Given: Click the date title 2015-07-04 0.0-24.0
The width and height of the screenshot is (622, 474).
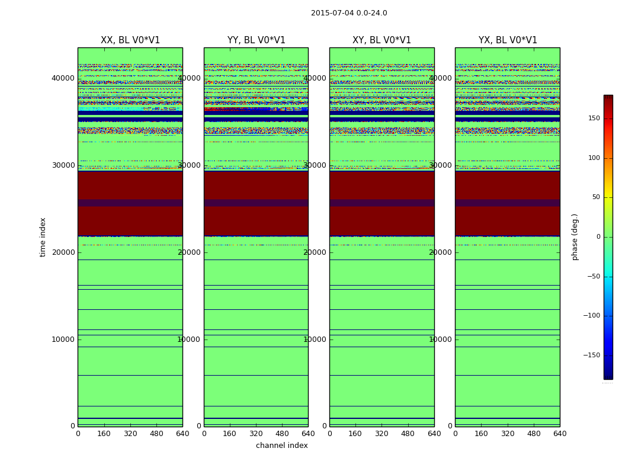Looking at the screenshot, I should point(349,13).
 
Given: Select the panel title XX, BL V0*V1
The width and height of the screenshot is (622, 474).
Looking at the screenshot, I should point(130,40).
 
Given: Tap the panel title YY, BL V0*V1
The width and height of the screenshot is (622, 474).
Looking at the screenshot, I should point(256,40).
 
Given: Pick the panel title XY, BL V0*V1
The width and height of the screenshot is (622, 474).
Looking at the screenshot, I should point(381,40).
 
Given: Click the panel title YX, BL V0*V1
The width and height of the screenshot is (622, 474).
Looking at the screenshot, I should point(508,40).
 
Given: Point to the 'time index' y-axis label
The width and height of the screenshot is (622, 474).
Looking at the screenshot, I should point(43,236).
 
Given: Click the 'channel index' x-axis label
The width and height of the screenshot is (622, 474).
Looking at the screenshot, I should point(282,446).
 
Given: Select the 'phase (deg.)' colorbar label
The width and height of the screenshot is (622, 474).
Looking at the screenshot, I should point(575,237).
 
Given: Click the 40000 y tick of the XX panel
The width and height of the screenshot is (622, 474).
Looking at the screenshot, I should point(63,78).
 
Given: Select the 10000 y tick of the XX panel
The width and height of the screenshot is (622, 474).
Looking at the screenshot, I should point(63,340).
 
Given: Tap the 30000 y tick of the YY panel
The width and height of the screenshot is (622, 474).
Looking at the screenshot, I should point(190,165).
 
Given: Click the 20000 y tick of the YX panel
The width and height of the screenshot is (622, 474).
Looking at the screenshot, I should point(441,252).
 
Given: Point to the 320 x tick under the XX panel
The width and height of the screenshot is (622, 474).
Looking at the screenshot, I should point(130,434).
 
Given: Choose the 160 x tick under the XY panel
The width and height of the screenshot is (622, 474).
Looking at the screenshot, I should point(355,434).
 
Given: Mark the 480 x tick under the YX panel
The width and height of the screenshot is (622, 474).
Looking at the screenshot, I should point(534,434).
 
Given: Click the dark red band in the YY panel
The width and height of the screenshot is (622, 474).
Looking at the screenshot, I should point(256,203).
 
